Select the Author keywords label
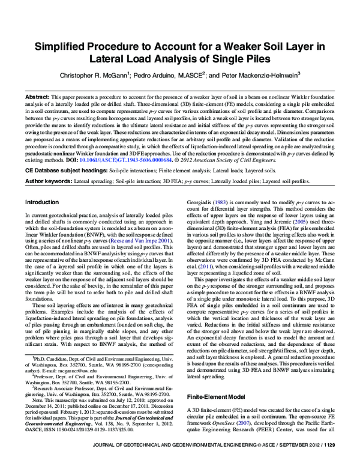point(48,180)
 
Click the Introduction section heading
point(44,202)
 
